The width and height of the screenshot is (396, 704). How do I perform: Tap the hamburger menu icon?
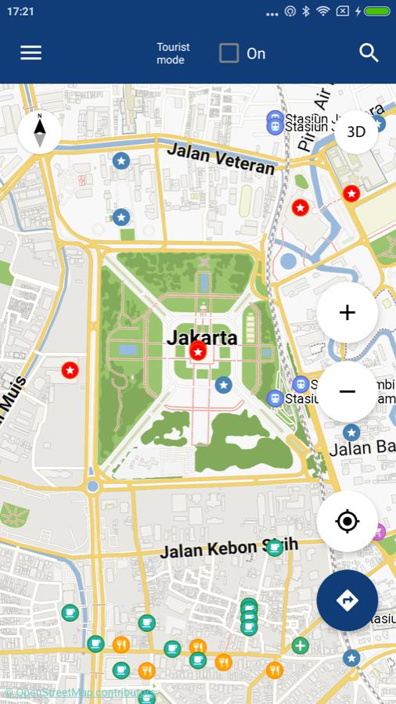pos(31,52)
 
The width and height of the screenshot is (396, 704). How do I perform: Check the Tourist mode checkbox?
pos(229,53)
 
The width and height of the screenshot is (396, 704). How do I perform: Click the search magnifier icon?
pos(369,52)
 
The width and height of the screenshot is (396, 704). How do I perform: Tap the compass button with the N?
pos(39,131)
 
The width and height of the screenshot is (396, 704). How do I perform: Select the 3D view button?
pos(356,131)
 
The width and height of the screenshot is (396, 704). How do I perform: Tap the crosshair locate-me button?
pos(347,521)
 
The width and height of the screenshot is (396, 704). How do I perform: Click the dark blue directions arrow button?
pos(347,600)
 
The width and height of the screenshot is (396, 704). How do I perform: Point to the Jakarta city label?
pos(202,338)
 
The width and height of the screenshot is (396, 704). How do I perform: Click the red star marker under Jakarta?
pos(199,353)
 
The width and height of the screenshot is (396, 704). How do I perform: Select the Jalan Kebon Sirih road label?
pos(219,549)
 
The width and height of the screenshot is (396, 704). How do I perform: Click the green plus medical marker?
pos(300,646)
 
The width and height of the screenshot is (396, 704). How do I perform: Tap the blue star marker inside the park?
pos(224,385)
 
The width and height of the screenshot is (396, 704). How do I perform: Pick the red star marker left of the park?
pos(70,370)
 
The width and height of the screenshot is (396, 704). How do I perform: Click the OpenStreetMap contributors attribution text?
pos(78,693)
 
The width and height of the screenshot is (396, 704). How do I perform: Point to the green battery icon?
pos(376,12)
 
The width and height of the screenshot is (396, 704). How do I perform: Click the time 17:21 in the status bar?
pos(20,12)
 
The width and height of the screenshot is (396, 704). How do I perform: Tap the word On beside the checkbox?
pos(256,53)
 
